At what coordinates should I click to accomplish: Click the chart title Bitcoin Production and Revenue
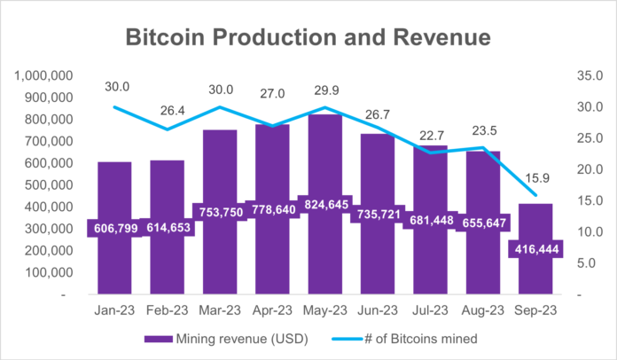point(308,37)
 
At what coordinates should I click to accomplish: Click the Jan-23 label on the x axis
point(114,310)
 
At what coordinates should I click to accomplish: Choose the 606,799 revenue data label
point(114,228)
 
